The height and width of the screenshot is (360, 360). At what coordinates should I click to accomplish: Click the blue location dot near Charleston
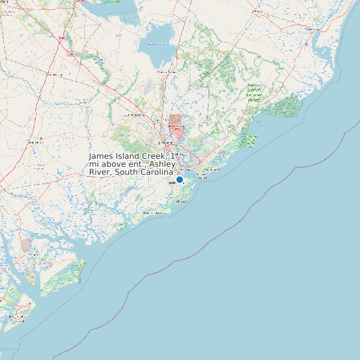[x=179, y=179]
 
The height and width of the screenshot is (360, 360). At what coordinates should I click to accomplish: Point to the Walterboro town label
[x=34, y=142]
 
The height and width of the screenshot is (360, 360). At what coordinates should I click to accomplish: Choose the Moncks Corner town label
[x=165, y=71]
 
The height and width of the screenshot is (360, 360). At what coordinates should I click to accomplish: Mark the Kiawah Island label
[x=152, y=213]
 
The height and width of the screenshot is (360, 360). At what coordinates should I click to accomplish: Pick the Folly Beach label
[x=179, y=200]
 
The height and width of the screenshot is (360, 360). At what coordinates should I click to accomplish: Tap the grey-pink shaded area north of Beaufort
[x=26, y=244]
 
